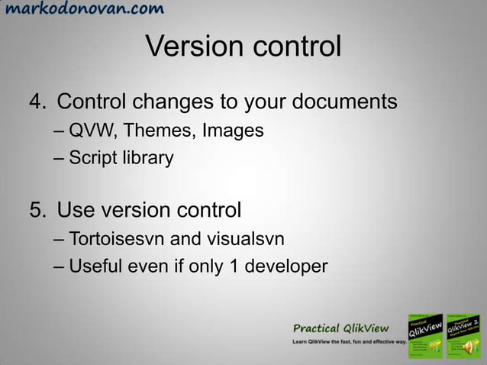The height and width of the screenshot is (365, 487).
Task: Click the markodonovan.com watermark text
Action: click(x=82, y=10)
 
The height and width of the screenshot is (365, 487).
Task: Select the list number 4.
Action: click(x=36, y=102)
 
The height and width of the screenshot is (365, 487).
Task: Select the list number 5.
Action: click(x=36, y=209)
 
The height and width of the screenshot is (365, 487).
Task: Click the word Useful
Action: click(x=95, y=267)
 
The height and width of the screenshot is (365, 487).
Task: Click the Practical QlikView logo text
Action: click(x=342, y=328)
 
